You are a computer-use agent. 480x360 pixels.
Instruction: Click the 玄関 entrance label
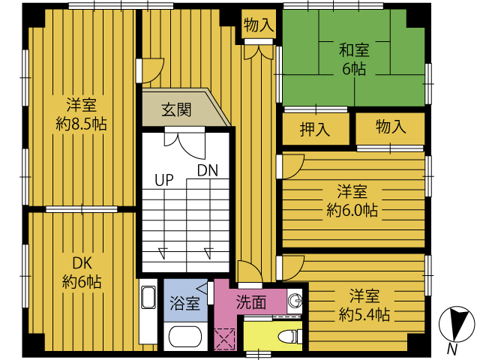pyautogui.click(x=177, y=110)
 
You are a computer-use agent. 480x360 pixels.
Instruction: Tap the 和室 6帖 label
pyautogui.click(x=354, y=59)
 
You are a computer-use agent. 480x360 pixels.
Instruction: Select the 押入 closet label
pyautogui.click(x=315, y=129)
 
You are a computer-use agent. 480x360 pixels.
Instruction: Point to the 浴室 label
pyautogui.click(x=185, y=303)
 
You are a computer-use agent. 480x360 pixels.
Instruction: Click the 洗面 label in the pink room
pyautogui.click(x=251, y=302)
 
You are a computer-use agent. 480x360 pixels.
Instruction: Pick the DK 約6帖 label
pyautogui.click(x=82, y=272)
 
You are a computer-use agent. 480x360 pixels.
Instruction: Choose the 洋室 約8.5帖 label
pyautogui.click(x=82, y=114)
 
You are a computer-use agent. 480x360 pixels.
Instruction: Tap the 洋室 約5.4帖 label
pyautogui.click(x=364, y=305)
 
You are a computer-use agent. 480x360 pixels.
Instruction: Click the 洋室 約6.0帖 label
pyautogui.click(x=352, y=200)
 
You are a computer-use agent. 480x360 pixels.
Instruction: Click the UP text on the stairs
pyautogui.click(x=164, y=180)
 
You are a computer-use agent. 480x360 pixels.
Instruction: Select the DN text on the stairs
pyautogui.click(x=208, y=170)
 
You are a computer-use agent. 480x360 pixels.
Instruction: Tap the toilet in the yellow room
pyautogui.click(x=290, y=337)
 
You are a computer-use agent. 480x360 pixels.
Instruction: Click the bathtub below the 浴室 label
pyautogui.click(x=185, y=337)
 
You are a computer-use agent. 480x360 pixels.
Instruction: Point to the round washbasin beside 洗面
pyautogui.click(x=295, y=300)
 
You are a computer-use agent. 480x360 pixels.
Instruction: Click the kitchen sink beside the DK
pyautogui.click(x=148, y=298)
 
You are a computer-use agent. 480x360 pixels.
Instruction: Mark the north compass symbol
pyautogui.click(x=457, y=324)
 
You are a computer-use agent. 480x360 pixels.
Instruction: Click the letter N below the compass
pyautogui.click(x=452, y=349)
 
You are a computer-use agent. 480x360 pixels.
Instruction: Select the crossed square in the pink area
pyautogui.click(x=225, y=339)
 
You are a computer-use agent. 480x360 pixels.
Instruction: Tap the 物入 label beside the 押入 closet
pyautogui.click(x=391, y=126)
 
